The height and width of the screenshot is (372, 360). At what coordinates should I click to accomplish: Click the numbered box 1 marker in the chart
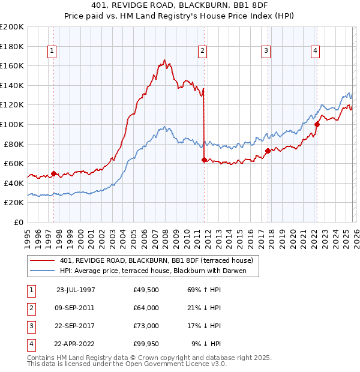coord(53,52)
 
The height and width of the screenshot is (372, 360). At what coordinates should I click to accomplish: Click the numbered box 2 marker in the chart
coord(203,52)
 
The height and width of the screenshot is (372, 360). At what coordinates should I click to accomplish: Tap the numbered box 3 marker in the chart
coord(265,52)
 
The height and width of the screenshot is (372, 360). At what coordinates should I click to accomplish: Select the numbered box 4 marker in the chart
coord(315,52)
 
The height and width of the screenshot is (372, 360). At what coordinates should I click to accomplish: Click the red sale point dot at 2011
coord(204,160)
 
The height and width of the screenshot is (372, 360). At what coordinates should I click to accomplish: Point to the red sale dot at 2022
coord(317,125)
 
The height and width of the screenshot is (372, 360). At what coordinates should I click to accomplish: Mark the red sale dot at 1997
coord(53,174)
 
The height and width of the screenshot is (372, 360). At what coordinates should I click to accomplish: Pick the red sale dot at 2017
coord(268,151)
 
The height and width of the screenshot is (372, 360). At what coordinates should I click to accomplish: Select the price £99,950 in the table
coord(146,344)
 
